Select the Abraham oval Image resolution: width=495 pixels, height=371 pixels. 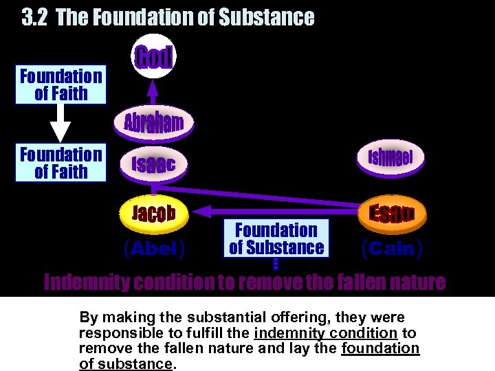[x=154, y=122]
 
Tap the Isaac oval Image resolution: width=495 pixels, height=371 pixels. [x=154, y=163]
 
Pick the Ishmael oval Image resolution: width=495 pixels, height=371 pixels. [x=390, y=157]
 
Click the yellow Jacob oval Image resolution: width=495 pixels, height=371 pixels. [x=154, y=213]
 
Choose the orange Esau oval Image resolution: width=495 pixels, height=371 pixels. [x=390, y=213]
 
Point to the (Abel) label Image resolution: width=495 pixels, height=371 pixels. [x=154, y=249]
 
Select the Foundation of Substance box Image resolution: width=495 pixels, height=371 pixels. [x=276, y=238]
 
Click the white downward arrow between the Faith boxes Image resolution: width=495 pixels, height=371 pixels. [x=61, y=124]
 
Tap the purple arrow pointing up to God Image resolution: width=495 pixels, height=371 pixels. [x=154, y=88]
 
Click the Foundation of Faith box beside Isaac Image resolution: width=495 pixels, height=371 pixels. [x=61, y=163]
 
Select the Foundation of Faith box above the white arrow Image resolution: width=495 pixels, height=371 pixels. [x=61, y=85]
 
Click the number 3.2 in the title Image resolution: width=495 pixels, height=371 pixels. [x=35, y=17]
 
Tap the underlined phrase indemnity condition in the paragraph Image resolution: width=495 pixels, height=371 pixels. [x=325, y=333]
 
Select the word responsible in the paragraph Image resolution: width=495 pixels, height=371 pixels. [x=114, y=333]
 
